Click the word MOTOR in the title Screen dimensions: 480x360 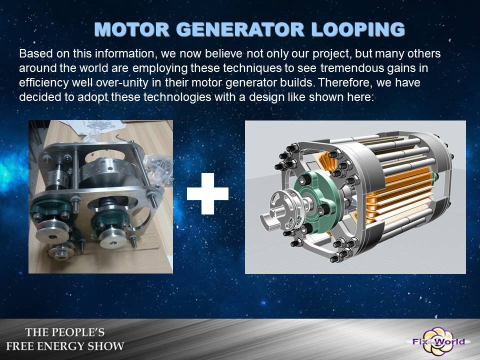tap(132, 29)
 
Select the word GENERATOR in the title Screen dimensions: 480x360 tap(240, 29)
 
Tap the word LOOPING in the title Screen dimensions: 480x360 tap(358, 29)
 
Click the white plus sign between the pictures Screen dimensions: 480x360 tap(207, 193)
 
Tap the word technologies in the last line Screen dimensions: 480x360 tap(177, 97)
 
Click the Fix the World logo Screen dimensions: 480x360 tap(438, 341)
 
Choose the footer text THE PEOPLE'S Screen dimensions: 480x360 tap(65, 332)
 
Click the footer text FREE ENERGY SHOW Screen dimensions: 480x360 tap(65, 346)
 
